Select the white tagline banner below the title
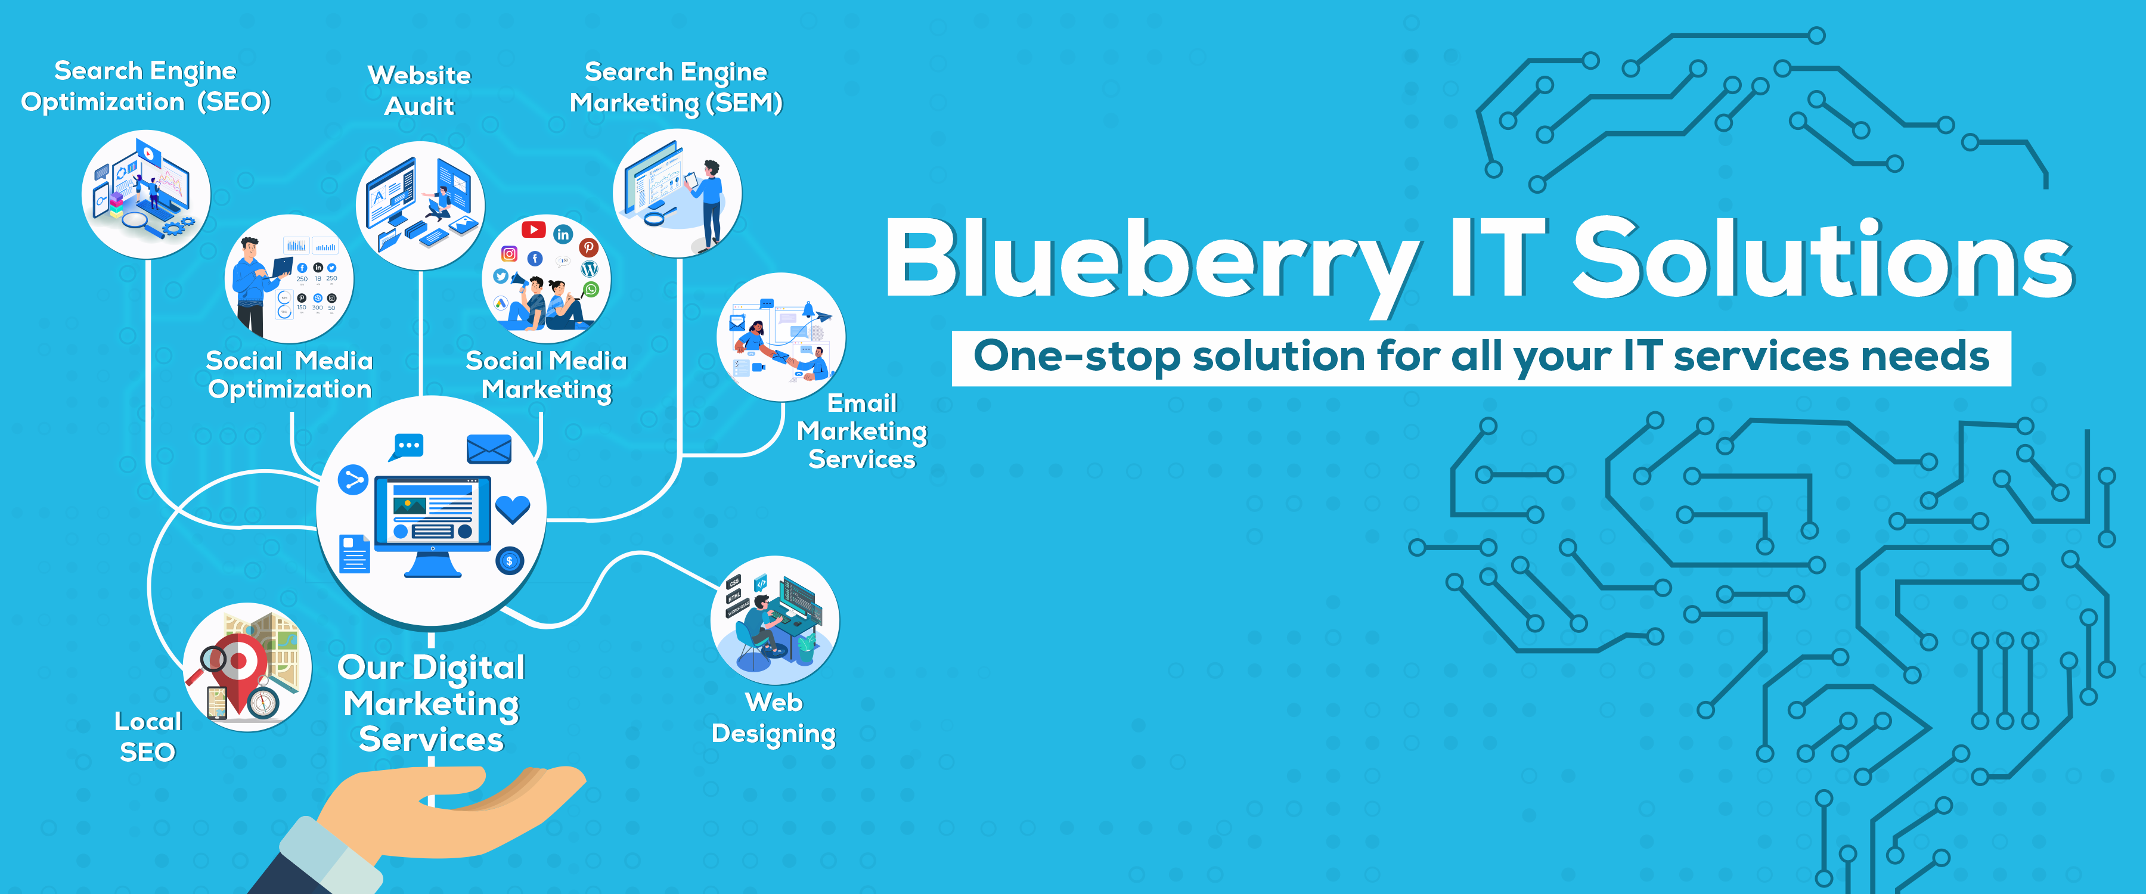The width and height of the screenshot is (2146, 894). pyautogui.click(x=1481, y=358)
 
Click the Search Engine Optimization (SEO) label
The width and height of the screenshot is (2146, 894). pyautogui.click(x=146, y=86)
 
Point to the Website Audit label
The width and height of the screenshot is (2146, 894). pyautogui.click(x=419, y=90)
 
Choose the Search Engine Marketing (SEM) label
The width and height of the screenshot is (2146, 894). pyautogui.click(x=675, y=88)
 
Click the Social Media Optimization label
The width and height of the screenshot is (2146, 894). pyautogui.click(x=289, y=375)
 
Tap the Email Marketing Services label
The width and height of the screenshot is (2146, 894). pyautogui.click(x=861, y=432)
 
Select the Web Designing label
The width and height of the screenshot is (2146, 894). pyautogui.click(x=774, y=718)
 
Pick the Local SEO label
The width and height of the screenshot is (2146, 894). pyautogui.click(x=147, y=737)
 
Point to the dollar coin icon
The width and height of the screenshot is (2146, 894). pyautogui.click(x=509, y=561)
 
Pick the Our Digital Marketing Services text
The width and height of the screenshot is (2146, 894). pyautogui.click(x=432, y=704)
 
